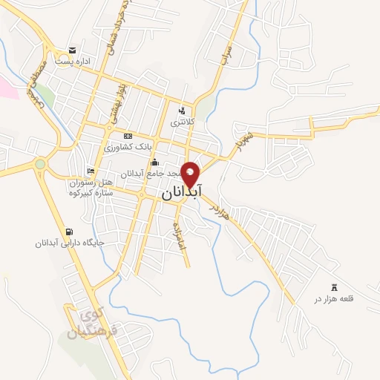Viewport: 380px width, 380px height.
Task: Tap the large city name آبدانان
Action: (180, 191)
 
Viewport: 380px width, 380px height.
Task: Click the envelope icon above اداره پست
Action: (71, 50)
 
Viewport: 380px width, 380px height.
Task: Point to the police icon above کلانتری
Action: (182, 111)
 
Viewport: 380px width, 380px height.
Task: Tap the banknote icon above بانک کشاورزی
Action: (128, 136)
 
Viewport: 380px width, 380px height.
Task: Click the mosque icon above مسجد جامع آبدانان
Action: (154, 163)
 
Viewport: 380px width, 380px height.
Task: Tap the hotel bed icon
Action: (91, 171)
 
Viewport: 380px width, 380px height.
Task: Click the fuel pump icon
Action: (70, 231)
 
